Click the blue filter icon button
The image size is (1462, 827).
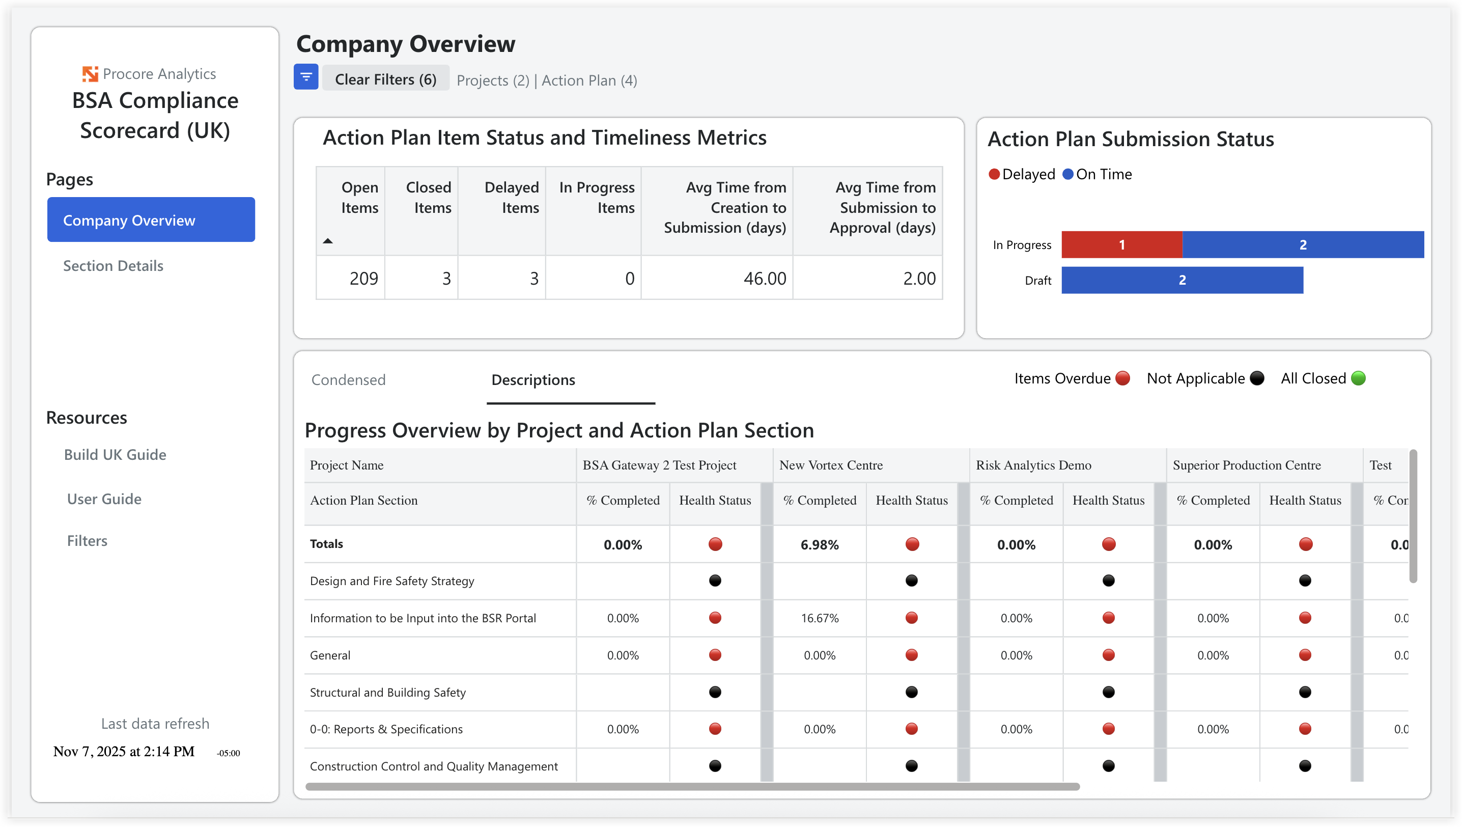click(x=305, y=77)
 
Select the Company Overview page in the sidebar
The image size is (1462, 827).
click(x=151, y=220)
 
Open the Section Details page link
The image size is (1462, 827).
click(x=113, y=266)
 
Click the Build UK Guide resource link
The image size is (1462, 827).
click(x=115, y=454)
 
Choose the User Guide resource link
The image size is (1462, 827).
click(x=104, y=499)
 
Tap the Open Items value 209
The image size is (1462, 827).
click(x=363, y=279)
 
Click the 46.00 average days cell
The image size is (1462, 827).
click(x=764, y=279)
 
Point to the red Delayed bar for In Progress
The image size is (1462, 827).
click(x=1121, y=245)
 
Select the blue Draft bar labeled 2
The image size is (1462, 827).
click(x=1182, y=280)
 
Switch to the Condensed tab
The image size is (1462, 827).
click(x=348, y=379)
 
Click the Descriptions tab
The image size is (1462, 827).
click(x=532, y=379)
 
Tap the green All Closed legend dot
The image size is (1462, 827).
click(x=1358, y=378)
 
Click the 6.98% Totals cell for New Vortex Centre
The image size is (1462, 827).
click(x=819, y=545)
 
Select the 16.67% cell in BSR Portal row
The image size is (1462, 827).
click(x=819, y=618)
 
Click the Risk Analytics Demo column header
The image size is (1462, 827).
click(x=1033, y=465)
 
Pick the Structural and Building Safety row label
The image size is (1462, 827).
click(x=388, y=693)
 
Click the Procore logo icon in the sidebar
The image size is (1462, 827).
click(x=90, y=74)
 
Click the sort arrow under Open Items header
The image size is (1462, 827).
click(x=328, y=241)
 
